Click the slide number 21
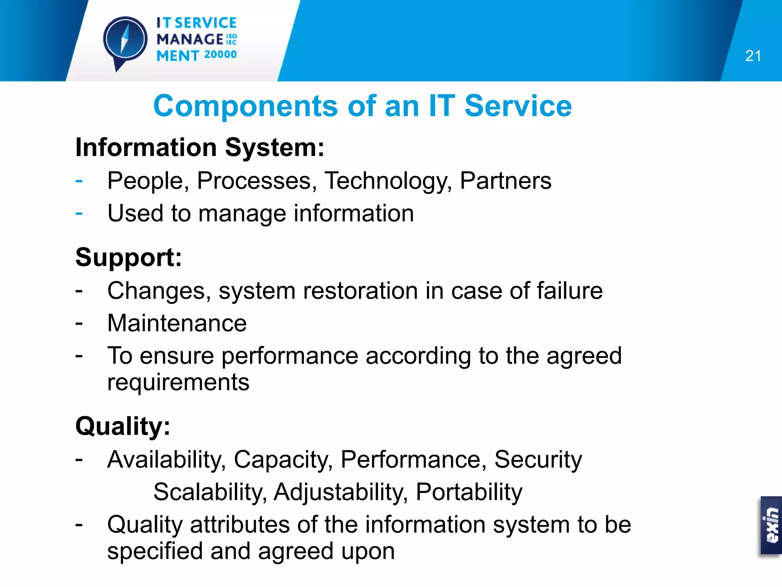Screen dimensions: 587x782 pos(753,56)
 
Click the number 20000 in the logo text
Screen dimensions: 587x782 pos(220,55)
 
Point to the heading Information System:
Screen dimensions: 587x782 pos(200,148)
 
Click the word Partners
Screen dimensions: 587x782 pos(506,180)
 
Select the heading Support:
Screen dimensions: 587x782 pos(129,257)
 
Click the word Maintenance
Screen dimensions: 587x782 pos(177,323)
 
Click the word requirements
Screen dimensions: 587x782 pos(178,382)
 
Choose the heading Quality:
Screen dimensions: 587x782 pos(123,426)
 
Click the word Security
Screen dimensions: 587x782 pos(538,459)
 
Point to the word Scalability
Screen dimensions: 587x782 pos(210,492)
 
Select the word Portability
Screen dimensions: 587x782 pos(469,492)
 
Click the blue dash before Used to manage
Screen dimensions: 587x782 pos(79,213)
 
